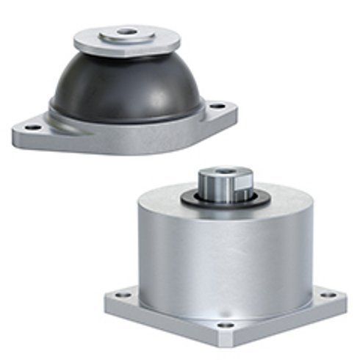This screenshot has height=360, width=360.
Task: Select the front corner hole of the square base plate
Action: (x=228, y=324)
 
